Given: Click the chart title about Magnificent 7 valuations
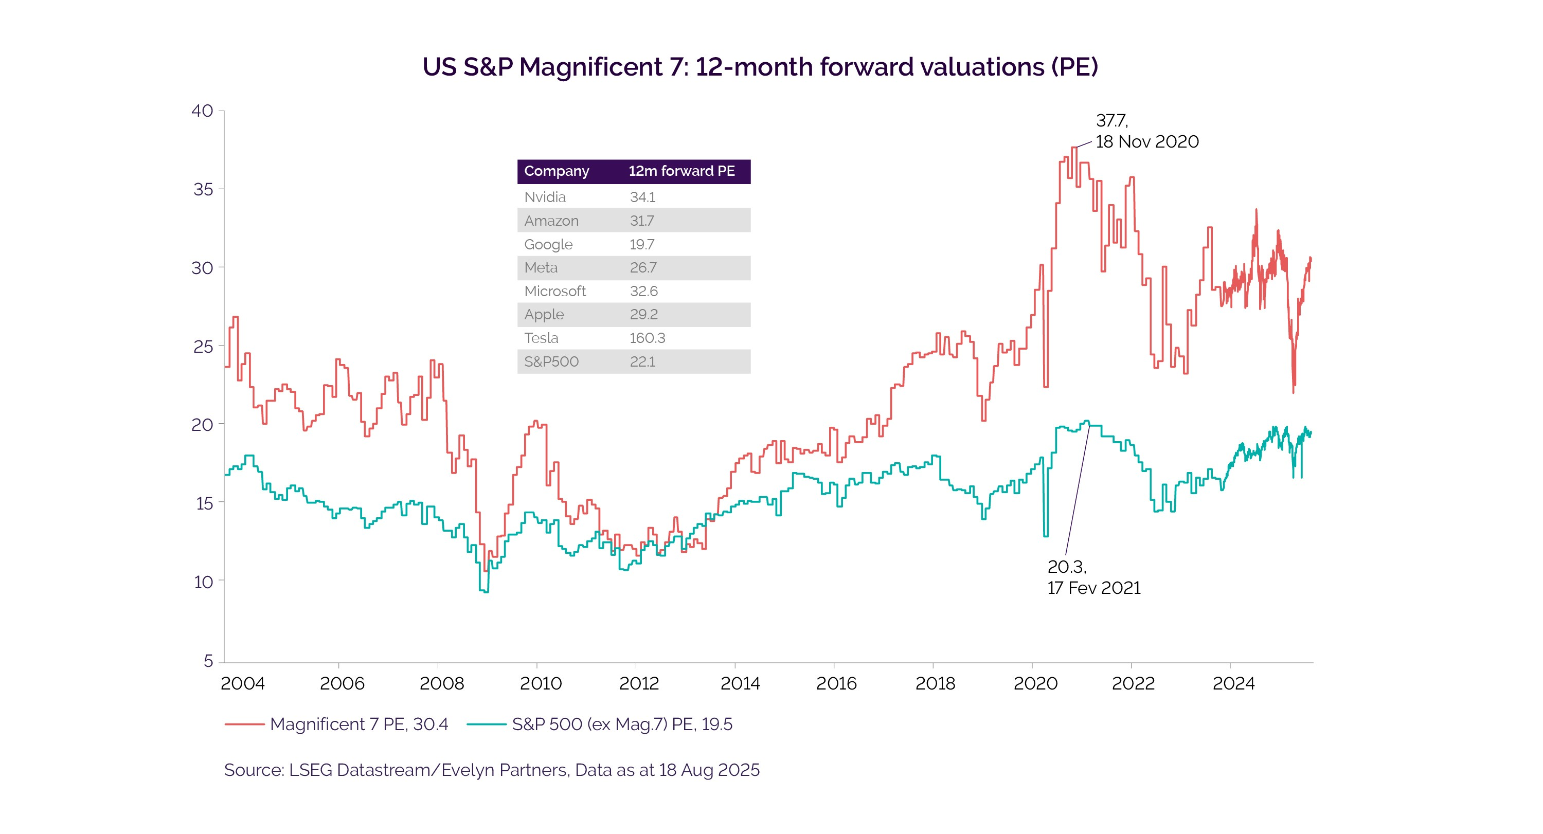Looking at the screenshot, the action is click(x=760, y=66).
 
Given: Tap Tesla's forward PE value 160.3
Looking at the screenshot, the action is click(x=647, y=338).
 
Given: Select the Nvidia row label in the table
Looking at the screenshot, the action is click(x=545, y=197).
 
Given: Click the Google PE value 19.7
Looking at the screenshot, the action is click(x=641, y=244).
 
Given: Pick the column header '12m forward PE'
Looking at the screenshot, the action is click(x=681, y=171).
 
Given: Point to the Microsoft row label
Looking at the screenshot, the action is click(x=554, y=291).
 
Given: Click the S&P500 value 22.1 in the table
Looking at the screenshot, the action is click(x=642, y=361).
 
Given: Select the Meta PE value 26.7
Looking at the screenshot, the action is click(x=643, y=267).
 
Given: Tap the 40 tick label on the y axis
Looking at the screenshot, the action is click(x=202, y=111).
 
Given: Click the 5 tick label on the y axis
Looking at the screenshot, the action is click(x=208, y=661).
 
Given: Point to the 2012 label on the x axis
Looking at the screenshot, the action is click(x=638, y=683).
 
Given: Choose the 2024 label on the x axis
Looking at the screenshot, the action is click(x=1233, y=683).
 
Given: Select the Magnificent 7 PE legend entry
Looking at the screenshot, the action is click(x=358, y=724).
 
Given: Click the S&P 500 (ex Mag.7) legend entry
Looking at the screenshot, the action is click(x=621, y=724).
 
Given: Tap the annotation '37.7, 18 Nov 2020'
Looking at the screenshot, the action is click(x=1145, y=131).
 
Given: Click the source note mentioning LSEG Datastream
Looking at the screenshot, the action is click(x=491, y=770).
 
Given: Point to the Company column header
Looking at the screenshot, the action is click(x=556, y=171).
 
